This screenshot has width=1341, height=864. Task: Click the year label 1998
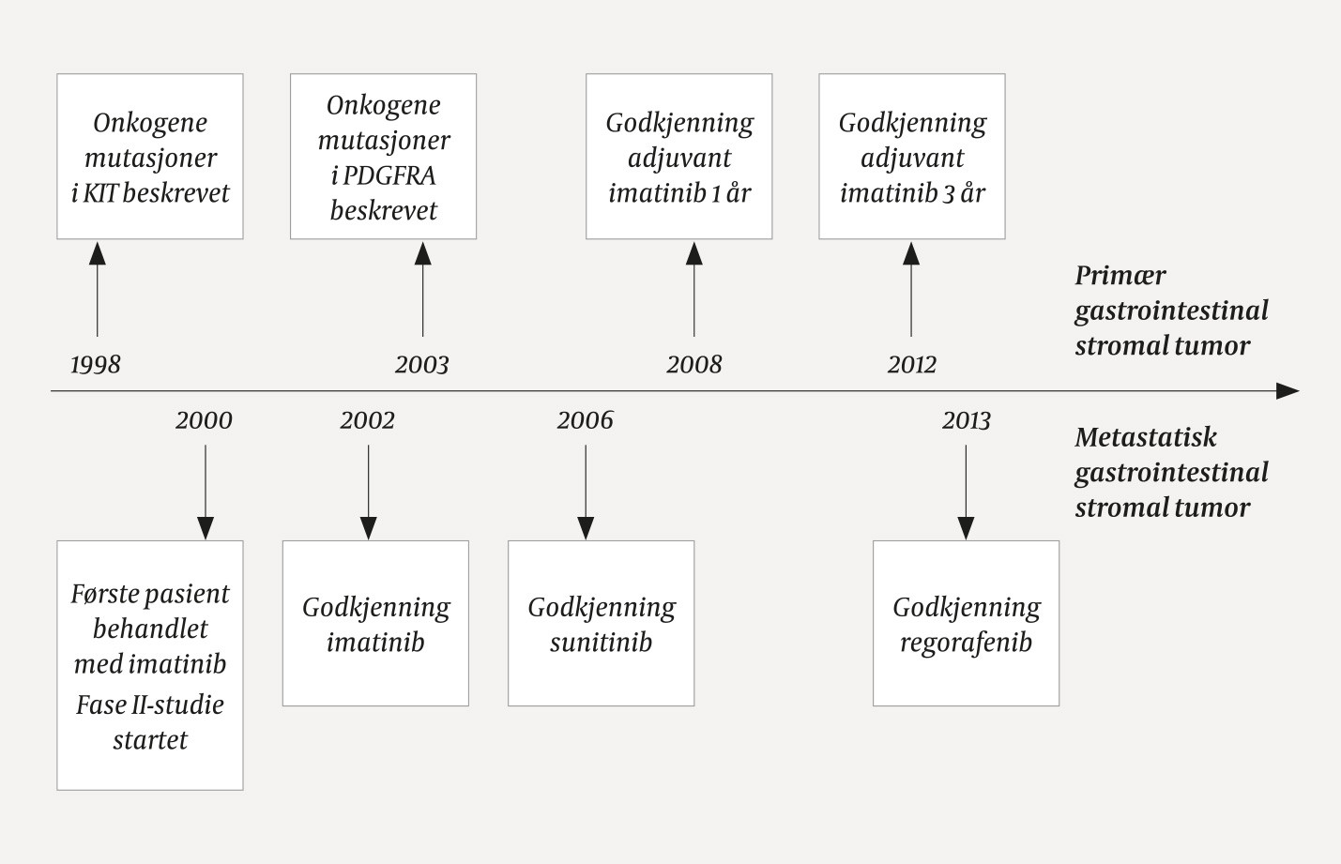[x=96, y=364]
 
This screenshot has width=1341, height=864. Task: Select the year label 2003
[x=421, y=364]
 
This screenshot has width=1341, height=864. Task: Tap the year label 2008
[x=693, y=364]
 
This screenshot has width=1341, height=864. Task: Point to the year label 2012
[x=911, y=364]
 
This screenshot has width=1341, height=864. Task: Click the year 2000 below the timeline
[x=204, y=419]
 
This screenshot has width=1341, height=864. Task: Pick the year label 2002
[x=367, y=419]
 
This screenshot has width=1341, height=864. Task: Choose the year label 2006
[x=585, y=419]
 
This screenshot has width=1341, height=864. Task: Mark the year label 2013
[x=966, y=419]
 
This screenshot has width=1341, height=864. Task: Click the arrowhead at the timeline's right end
[x=1288, y=391]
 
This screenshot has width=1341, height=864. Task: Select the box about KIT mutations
[x=150, y=157]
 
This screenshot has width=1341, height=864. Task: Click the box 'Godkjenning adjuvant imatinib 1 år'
[x=678, y=157]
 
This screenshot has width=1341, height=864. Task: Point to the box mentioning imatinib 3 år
[x=911, y=157]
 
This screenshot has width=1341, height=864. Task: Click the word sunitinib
[x=601, y=643]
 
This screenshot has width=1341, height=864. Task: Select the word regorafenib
[x=966, y=643]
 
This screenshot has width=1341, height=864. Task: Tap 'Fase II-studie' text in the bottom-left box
[x=150, y=705]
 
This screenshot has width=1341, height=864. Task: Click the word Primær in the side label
[x=1120, y=276]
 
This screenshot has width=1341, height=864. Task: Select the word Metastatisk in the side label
[x=1145, y=437]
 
